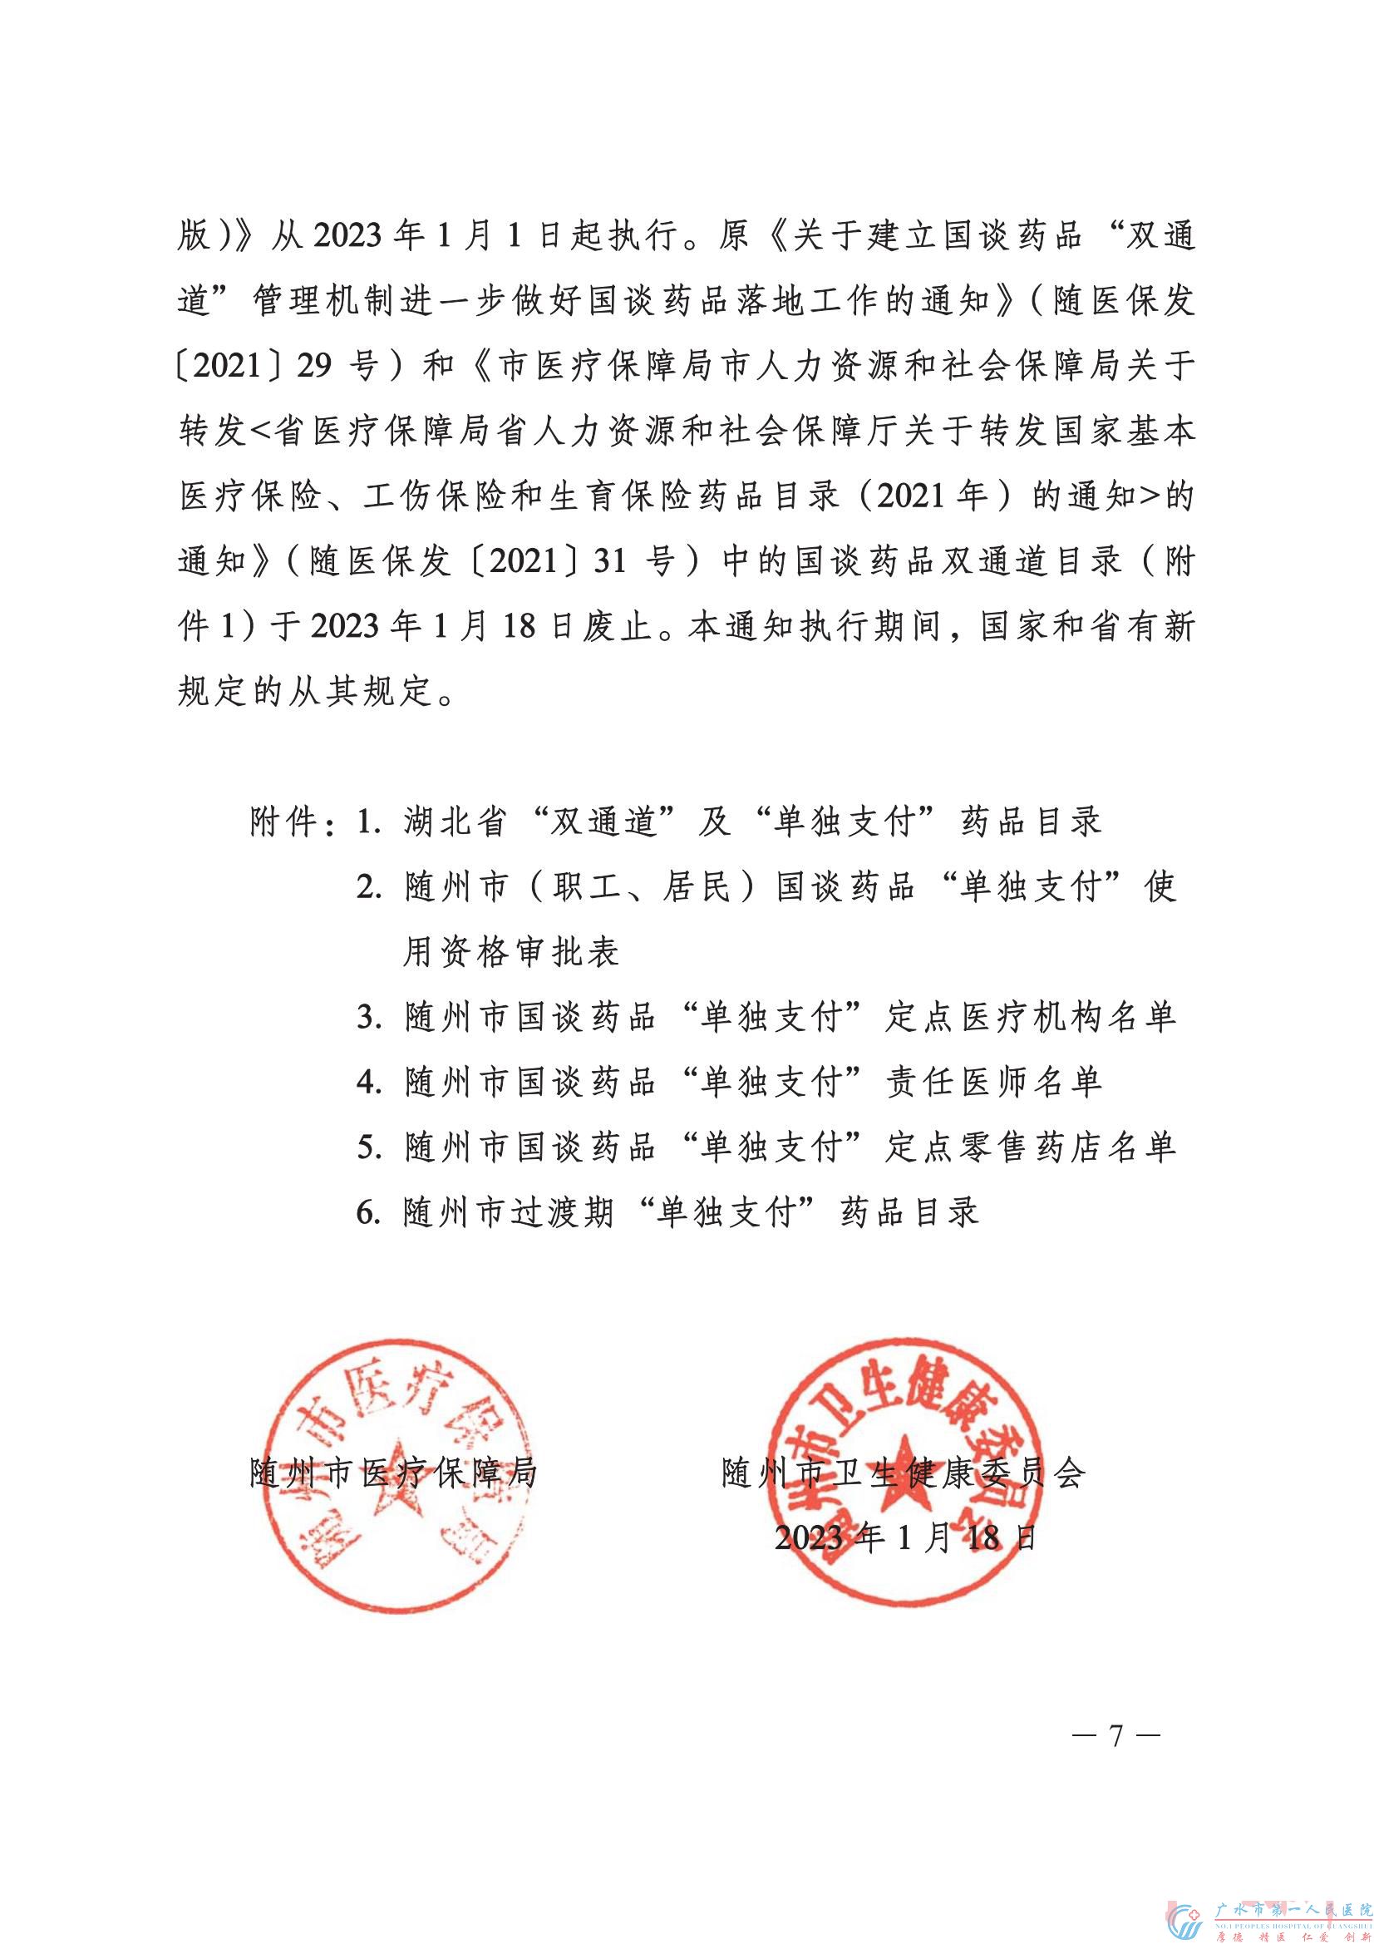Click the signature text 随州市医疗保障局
[394, 1473]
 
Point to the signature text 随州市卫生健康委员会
[904, 1473]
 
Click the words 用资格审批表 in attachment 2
[511, 953]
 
